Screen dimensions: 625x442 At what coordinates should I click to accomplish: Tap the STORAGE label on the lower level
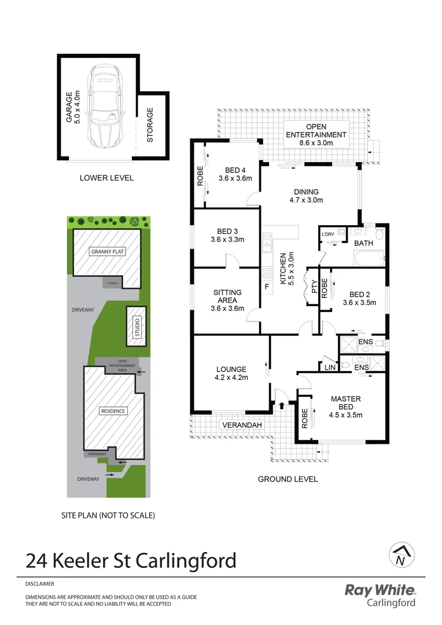(x=150, y=125)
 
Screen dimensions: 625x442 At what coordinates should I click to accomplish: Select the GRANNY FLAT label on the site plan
(x=108, y=252)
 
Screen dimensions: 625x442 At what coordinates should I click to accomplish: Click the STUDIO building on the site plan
(x=137, y=325)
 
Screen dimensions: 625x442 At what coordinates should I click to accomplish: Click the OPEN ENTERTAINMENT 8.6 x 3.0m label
(x=316, y=131)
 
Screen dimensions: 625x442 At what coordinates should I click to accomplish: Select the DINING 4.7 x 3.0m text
(x=306, y=196)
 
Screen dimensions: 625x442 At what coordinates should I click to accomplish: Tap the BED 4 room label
(x=235, y=174)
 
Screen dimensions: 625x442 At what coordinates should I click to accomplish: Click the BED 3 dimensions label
(x=227, y=239)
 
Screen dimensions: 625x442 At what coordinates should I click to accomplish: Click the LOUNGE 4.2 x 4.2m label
(x=231, y=373)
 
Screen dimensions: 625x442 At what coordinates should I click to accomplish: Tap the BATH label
(x=363, y=244)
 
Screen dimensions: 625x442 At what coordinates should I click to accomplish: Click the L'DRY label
(x=327, y=234)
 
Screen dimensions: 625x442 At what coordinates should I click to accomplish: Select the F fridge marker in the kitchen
(x=267, y=286)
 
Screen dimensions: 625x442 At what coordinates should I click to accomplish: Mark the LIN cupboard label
(x=330, y=367)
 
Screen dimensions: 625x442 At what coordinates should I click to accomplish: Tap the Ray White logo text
(x=380, y=590)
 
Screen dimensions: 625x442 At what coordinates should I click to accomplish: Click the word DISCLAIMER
(x=40, y=584)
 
